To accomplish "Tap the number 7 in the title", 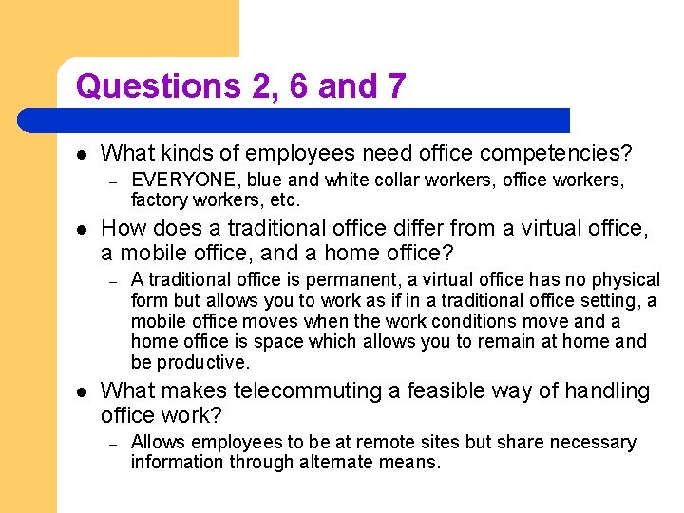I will click(395, 86).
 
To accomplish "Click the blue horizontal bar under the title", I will click(294, 121).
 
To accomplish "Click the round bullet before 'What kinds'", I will click(82, 152).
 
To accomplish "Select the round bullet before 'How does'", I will click(82, 229).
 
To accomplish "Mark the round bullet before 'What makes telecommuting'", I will click(82, 391).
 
